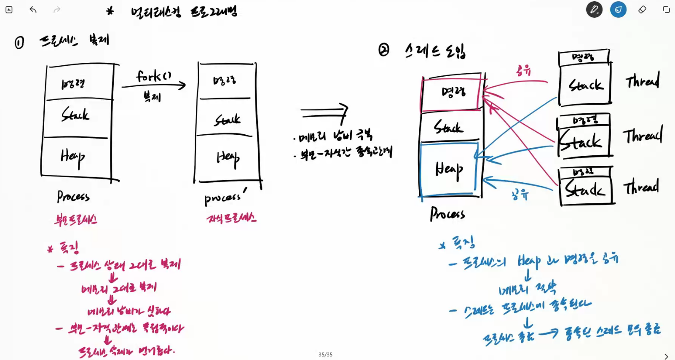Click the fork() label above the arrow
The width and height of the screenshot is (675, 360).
click(153, 76)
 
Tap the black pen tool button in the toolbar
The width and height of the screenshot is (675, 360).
click(594, 9)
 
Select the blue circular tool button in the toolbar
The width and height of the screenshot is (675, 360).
click(618, 9)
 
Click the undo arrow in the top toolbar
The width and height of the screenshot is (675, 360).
click(33, 10)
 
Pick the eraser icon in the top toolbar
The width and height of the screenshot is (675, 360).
click(642, 9)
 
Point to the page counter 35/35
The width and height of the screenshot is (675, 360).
click(325, 355)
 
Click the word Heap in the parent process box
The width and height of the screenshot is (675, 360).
click(72, 157)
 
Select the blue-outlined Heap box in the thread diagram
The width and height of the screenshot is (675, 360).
click(449, 169)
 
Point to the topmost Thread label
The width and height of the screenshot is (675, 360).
click(642, 80)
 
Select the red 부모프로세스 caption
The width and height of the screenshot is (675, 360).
click(76, 219)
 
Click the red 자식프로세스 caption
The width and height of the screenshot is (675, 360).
click(231, 218)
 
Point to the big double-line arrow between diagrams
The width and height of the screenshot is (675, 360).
click(324, 113)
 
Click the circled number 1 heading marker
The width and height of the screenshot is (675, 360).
click(19, 43)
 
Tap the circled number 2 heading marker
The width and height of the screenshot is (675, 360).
click(383, 50)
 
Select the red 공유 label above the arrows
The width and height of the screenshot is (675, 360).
click(523, 70)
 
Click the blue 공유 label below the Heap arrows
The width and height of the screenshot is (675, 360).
click(520, 195)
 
